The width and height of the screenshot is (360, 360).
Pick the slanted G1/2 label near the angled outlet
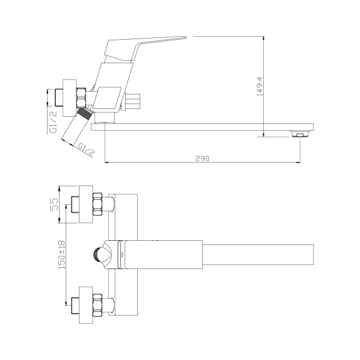(85, 147)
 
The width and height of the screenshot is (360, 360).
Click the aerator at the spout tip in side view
(298, 134)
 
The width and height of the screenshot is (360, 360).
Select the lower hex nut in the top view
(99, 303)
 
